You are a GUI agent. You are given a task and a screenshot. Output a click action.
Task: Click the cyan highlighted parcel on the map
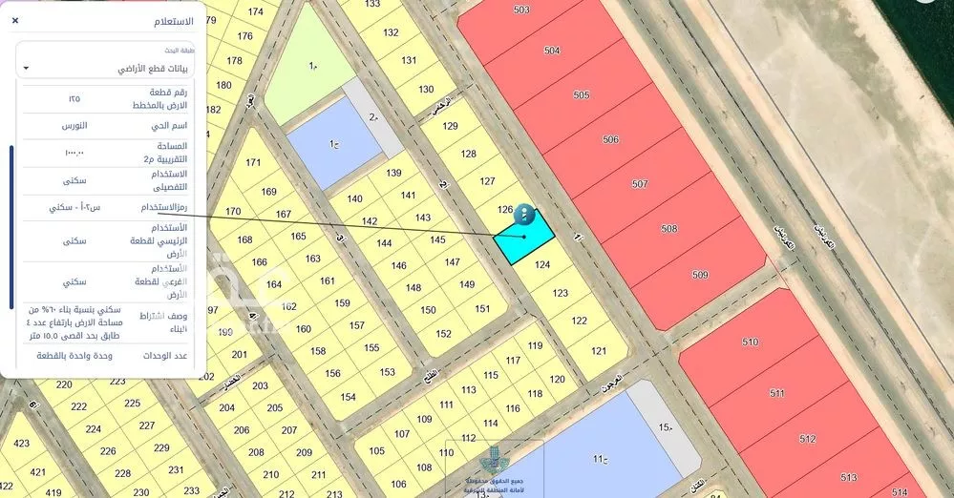(x=524, y=239)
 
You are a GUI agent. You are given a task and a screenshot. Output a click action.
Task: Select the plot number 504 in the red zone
(x=552, y=50)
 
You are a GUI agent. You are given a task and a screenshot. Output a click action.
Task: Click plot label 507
(x=640, y=184)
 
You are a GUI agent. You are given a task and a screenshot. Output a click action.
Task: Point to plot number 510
(x=749, y=342)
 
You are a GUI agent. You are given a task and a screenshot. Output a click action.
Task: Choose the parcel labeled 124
(x=542, y=265)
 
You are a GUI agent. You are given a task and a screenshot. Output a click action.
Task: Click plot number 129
(x=451, y=126)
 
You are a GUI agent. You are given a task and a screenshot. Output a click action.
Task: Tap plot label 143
(x=423, y=218)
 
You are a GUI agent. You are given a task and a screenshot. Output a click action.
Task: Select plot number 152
(x=443, y=334)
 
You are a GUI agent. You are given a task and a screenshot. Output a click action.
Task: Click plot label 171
(x=252, y=162)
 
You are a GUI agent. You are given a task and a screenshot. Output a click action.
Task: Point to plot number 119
(x=535, y=345)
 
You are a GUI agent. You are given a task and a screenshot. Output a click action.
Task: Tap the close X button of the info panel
(x=15, y=20)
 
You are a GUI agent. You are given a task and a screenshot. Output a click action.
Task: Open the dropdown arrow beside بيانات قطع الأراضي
(x=27, y=68)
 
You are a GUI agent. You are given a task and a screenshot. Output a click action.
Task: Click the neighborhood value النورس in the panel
(x=75, y=126)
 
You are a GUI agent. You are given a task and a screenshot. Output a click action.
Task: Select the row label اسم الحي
(x=169, y=126)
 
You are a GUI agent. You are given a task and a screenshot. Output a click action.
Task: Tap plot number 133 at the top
(x=371, y=4)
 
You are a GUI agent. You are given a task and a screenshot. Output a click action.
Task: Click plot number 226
(x=108, y=450)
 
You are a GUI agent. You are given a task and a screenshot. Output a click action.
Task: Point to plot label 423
(x=21, y=444)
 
